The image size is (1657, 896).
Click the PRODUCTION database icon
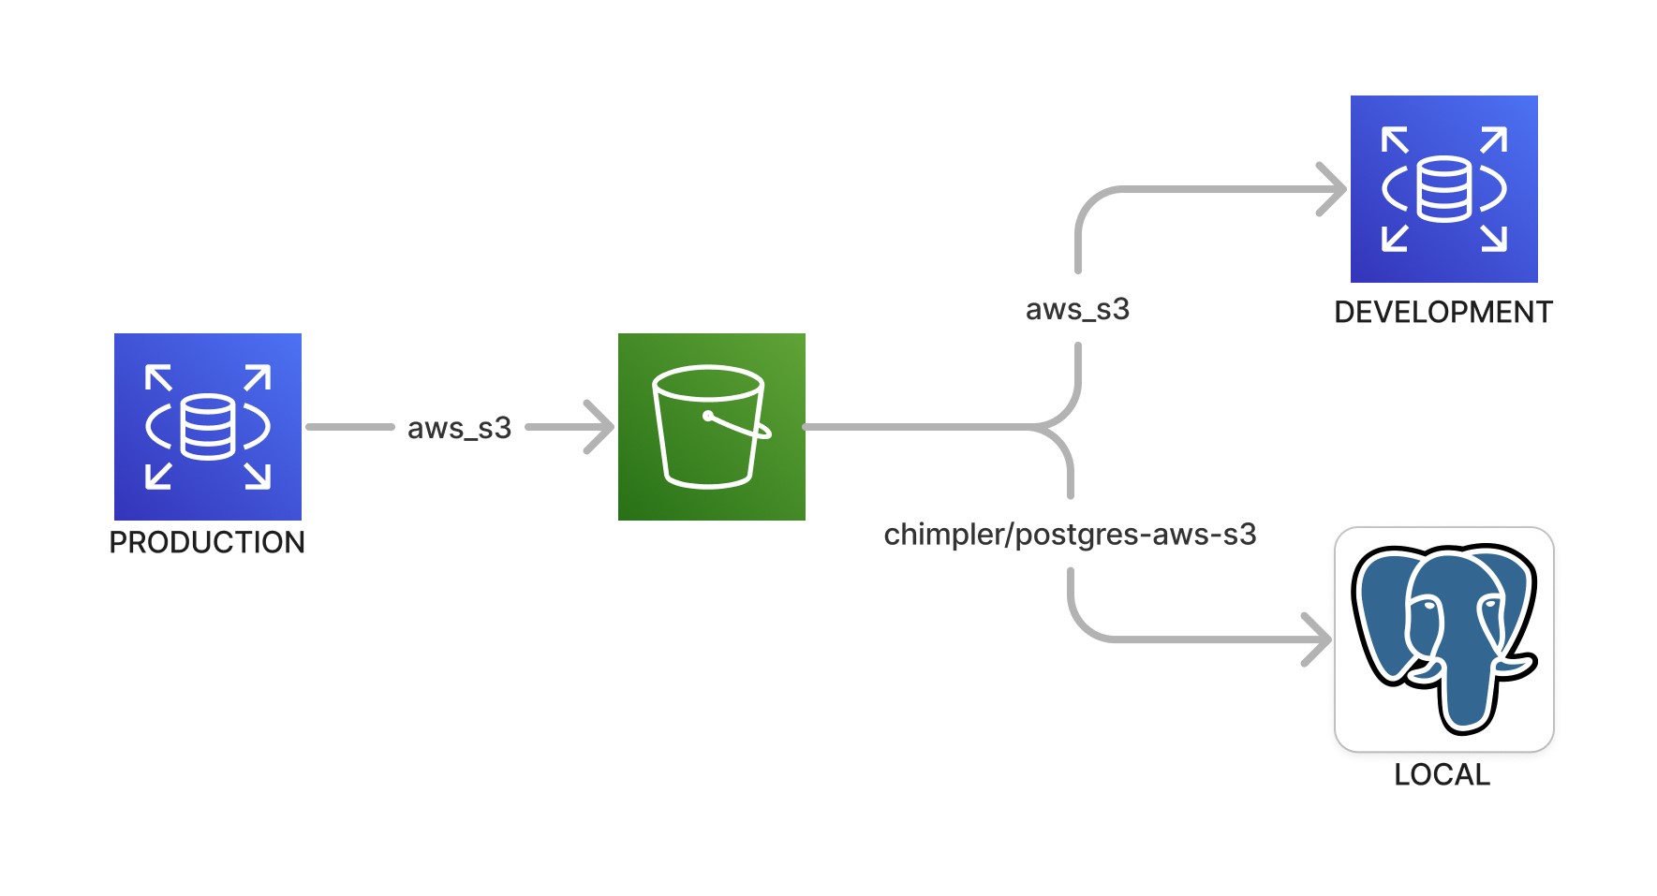207,426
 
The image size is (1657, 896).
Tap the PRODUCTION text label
207,542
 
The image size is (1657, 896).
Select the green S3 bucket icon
711,426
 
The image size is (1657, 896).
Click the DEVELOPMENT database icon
1443,188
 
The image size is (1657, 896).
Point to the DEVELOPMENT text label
1442,312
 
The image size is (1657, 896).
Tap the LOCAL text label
1442,774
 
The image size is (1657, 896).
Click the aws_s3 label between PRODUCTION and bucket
459,428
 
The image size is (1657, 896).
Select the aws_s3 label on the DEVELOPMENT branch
1077,309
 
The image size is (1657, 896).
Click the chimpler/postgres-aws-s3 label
1070,534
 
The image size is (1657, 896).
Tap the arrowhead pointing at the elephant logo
1319,639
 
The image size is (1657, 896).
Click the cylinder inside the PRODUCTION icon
207,426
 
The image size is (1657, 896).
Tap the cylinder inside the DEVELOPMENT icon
1443,188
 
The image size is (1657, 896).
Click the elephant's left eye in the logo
1427,607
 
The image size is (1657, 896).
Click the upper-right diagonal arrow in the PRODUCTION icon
258,377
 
